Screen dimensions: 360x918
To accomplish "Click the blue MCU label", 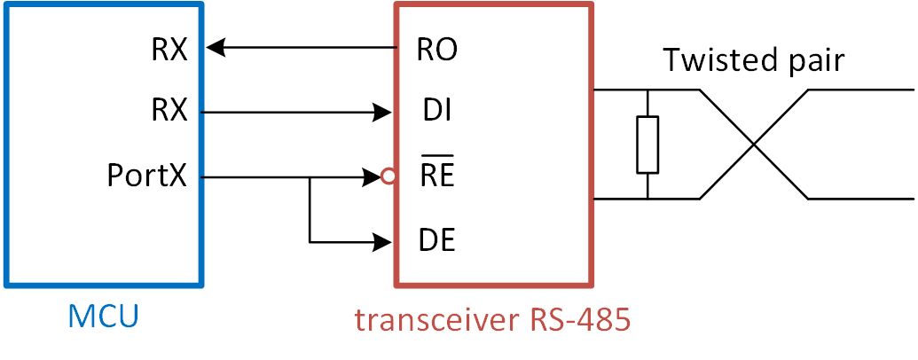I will click(x=105, y=317).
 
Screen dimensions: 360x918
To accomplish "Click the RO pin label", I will click(x=436, y=49).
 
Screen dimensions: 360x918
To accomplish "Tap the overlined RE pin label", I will click(x=436, y=176).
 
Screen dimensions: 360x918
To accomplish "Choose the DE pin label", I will click(x=435, y=240).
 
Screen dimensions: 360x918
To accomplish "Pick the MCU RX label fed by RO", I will click(x=169, y=49).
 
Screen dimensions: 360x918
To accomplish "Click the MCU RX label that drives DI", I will click(x=169, y=113).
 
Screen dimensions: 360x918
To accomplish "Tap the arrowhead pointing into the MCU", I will click(x=216, y=48).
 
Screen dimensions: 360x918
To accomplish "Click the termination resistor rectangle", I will click(x=648, y=144).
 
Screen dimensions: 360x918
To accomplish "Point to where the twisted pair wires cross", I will click(x=753, y=144).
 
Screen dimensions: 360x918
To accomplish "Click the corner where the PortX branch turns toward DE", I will click(x=310, y=240).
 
